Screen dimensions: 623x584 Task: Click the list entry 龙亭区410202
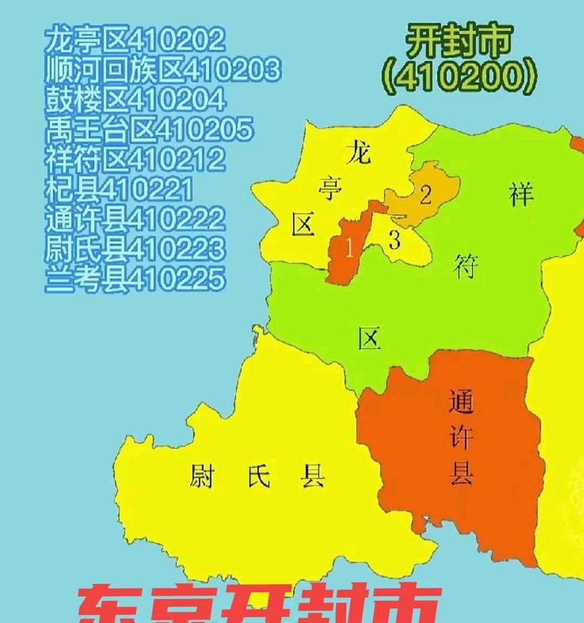pos(134,40)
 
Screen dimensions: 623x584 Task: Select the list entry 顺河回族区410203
pos(162,69)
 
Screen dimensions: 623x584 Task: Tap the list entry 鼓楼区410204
pos(134,99)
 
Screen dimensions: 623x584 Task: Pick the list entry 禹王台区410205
pos(149,129)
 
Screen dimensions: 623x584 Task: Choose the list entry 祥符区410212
pos(134,159)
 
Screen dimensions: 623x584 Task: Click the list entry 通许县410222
pos(134,218)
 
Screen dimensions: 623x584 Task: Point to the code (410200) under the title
pos(460,77)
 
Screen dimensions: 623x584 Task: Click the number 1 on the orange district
pos(349,250)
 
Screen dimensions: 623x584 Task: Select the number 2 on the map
pos(425,195)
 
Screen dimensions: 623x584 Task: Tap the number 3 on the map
pos(395,240)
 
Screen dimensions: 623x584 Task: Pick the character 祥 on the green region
pos(521,193)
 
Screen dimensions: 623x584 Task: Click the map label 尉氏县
pos(257,477)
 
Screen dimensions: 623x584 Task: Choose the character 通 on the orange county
pos(461,401)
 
